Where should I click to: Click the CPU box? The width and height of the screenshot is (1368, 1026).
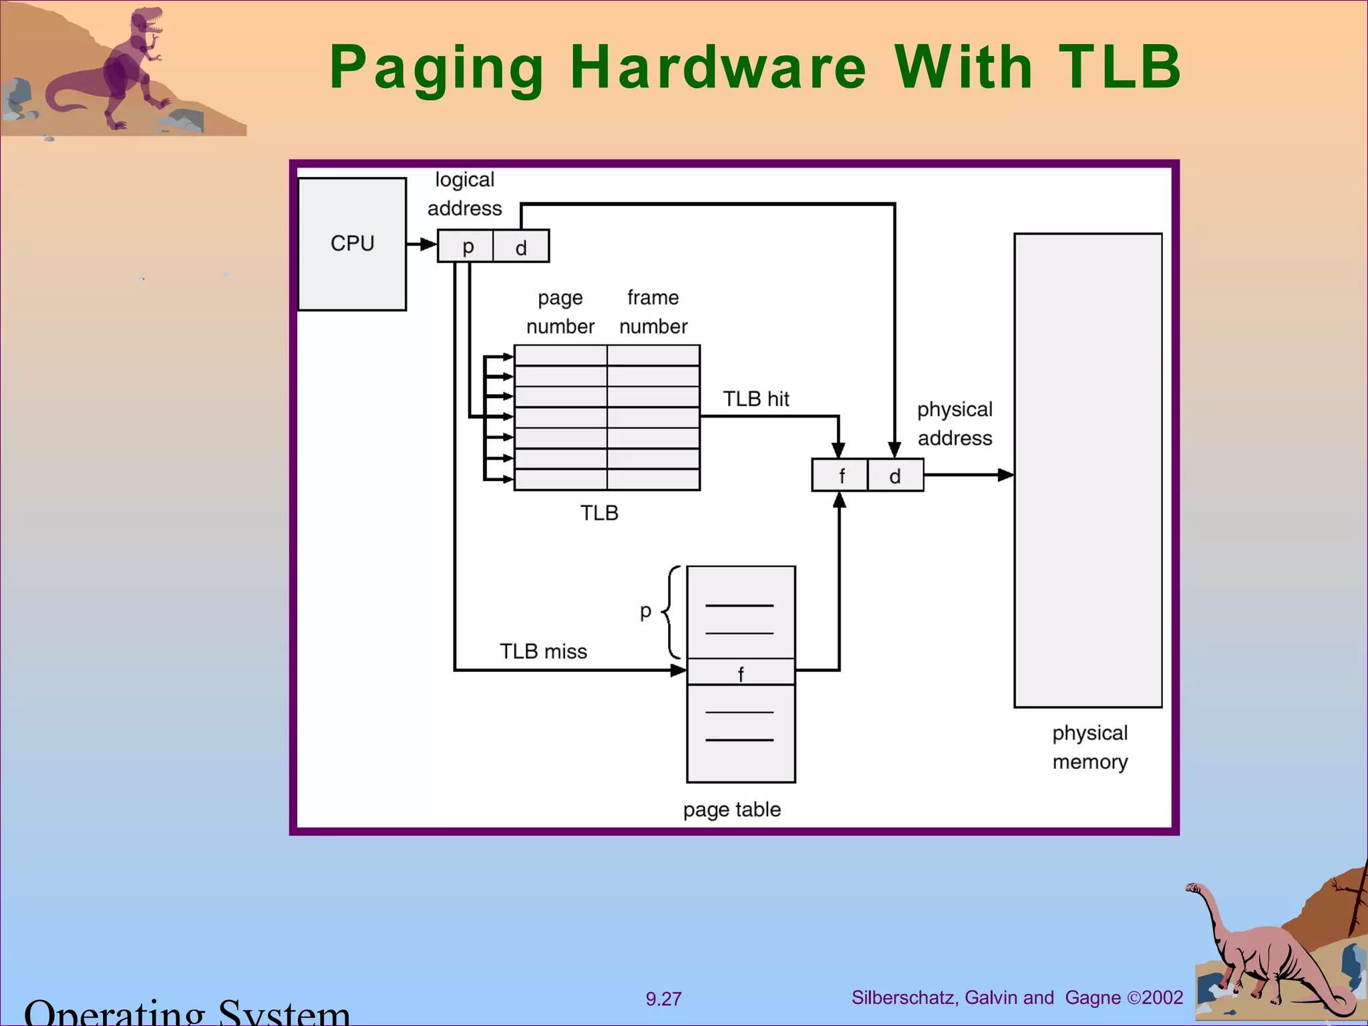352,244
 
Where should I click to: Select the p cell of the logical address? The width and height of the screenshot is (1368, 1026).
466,246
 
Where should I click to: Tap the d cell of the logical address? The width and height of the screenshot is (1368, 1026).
521,246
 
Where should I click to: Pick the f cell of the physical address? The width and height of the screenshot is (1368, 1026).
840,476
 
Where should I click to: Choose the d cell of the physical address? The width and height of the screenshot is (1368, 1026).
895,476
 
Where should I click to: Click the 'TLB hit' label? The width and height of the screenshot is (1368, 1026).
755,399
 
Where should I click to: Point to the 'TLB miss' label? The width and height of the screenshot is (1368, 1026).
543,651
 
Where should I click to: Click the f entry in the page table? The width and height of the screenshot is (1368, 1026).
741,673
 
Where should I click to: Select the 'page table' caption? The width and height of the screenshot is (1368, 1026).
731,810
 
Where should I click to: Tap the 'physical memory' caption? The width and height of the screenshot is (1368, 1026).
1089,747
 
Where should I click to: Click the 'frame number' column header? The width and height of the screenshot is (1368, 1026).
653,312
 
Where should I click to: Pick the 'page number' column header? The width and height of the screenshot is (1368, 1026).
560,312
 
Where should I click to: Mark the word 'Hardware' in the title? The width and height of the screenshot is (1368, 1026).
718,67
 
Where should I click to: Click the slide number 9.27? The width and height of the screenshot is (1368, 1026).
663,999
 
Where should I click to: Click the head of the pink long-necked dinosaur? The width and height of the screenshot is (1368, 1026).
1193,888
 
